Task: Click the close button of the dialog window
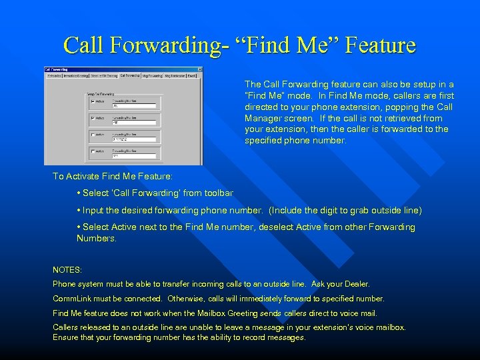tap(199, 69)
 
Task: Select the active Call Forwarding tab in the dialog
tap(131, 76)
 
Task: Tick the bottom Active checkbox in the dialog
tap(91, 152)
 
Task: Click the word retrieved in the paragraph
tap(393, 118)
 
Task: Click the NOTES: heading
tap(67, 270)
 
